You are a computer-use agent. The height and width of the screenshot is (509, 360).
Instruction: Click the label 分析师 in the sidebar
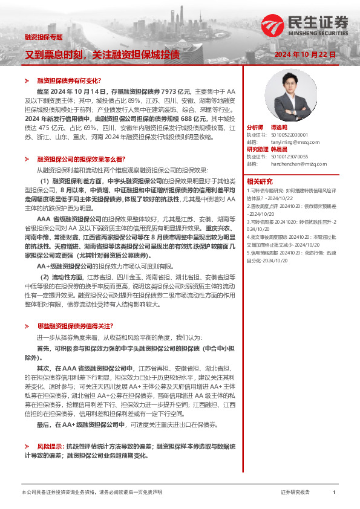pyautogui.click(x=255, y=128)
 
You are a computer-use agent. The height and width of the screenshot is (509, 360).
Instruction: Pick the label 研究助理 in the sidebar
pyautogui.click(x=257, y=149)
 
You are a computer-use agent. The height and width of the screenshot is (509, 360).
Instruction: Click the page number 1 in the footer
pyautogui.click(x=334, y=493)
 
